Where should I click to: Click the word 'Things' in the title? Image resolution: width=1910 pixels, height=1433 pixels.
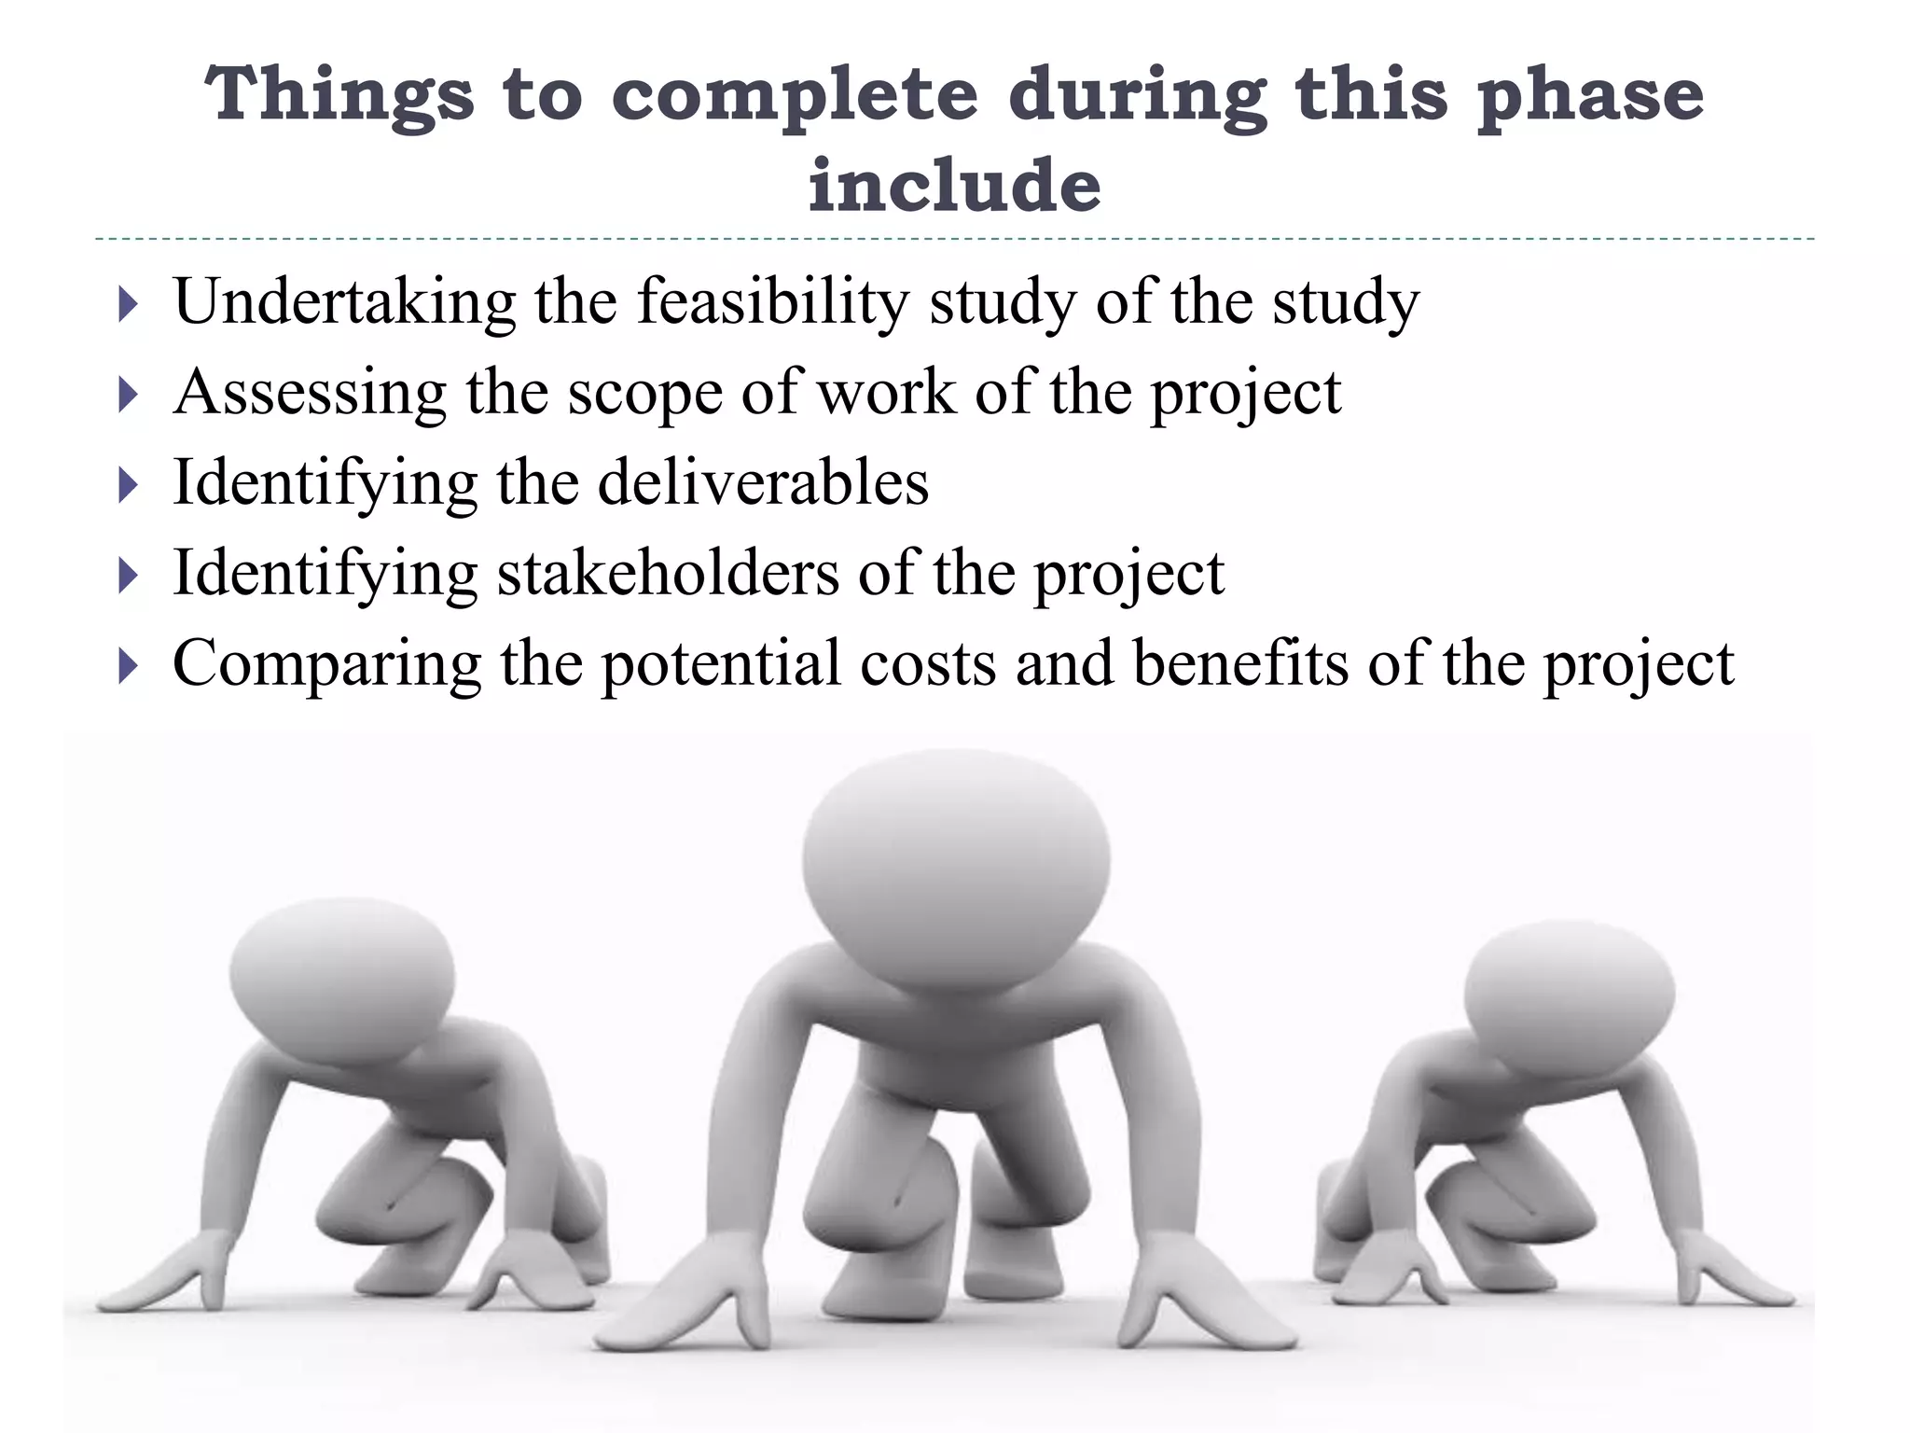click(339, 96)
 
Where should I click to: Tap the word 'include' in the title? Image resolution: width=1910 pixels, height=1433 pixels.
click(954, 185)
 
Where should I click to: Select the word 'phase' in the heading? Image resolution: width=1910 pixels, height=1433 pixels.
click(1591, 96)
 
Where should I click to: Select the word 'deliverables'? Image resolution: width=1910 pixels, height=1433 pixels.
click(763, 482)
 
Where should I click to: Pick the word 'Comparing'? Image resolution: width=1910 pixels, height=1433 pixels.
click(326, 663)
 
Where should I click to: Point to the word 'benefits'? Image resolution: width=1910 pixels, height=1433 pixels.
click(1240, 663)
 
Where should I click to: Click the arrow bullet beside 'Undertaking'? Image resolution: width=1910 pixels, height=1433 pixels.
click(129, 304)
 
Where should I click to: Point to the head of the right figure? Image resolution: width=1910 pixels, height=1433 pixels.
click(1569, 989)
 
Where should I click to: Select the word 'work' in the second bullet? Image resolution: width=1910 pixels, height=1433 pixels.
click(887, 393)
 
